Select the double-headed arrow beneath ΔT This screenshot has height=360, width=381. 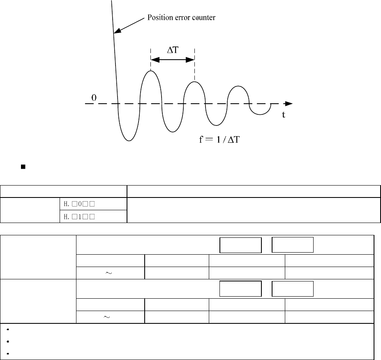pyautogui.click(x=173, y=60)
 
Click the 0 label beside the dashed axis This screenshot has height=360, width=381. pyautogui.click(x=94, y=98)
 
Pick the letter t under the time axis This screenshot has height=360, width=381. pyautogui.click(x=284, y=115)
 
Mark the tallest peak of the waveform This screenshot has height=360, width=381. pyautogui.click(x=151, y=72)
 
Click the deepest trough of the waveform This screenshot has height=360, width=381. pyautogui.click(x=129, y=140)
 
